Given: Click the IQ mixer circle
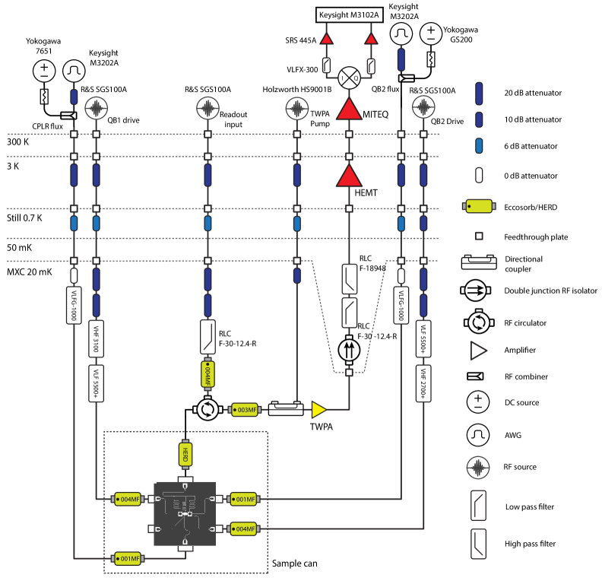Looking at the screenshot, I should pos(349,77).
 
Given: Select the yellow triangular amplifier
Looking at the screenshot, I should pos(318,410).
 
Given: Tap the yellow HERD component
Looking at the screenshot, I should pos(185,455).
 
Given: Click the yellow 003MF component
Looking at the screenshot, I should pos(245,410).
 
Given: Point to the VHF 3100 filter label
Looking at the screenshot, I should pos(96,338).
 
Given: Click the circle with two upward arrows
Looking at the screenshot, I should pos(349,350).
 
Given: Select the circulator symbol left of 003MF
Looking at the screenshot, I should pos(208,410).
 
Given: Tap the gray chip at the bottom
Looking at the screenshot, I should pos(185,513).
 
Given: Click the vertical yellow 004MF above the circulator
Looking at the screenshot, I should pos(208,373).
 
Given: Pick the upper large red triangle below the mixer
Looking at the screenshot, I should pos(349,109).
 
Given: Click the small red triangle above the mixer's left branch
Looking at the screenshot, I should pos(326,39).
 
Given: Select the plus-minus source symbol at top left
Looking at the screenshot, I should pos(44,71).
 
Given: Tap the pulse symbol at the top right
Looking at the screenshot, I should pos(401,33).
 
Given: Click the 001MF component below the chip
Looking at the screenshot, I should pos(128,558).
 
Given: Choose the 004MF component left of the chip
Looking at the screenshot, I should pos(127,500).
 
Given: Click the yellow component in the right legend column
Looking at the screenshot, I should pos(479,206).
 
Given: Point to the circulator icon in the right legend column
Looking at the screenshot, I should pos(479,322).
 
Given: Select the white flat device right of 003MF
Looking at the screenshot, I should pos(286,410).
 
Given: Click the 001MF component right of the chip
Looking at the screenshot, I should pos(243,500).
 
